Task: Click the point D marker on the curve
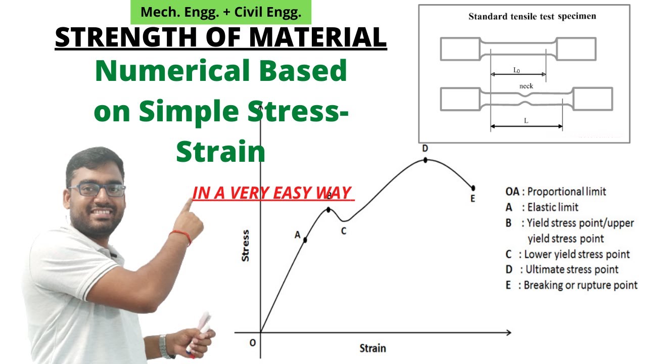click(425, 160)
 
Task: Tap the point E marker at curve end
click(473, 188)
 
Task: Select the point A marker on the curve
click(306, 240)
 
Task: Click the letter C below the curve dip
click(343, 232)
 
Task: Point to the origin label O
click(252, 343)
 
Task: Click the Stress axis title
click(246, 246)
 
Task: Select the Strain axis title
click(373, 348)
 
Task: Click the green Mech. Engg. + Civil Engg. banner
click(221, 13)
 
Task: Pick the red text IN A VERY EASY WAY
click(271, 193)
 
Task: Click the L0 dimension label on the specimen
click(517, 70)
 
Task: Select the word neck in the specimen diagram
click(526, 86)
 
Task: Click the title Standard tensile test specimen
click(532, 16)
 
